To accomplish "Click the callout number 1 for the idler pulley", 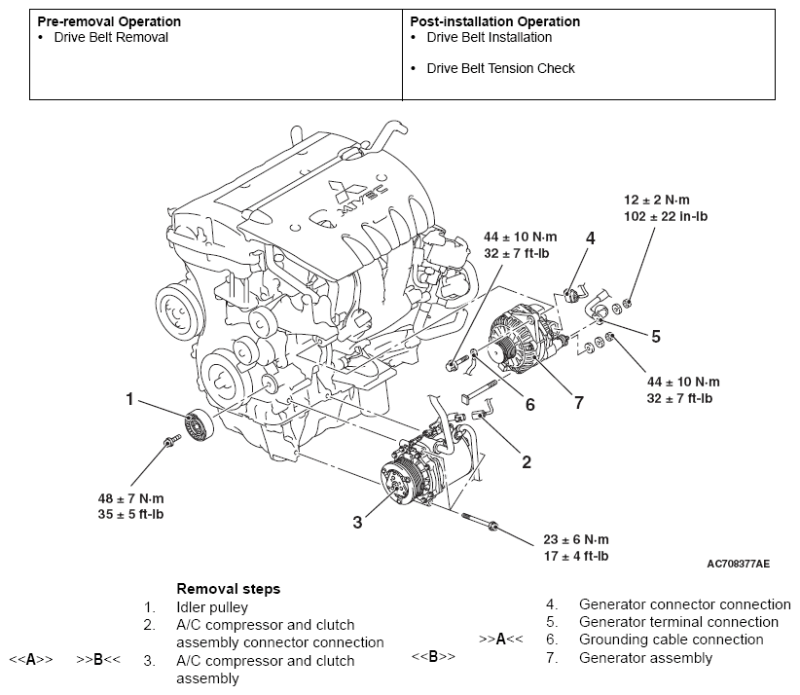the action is pyautogui.click(x=129, y=398).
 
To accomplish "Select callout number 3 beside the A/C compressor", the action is pyautogui.click(x=357, y=522).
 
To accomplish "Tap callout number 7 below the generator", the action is pyautogui.click(x=578, y=403).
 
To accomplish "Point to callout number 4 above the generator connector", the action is pyautogui.click(x=591, y=238).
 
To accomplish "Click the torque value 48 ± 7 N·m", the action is pyautogui.click(x=130, y=498).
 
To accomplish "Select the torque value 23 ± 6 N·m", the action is pyautogui.click(x=576, y=539).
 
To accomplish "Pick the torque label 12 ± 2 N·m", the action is pyautogui.click(x=657, y=200).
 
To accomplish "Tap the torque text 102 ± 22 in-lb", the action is pyautogui.click(x=666, y=216).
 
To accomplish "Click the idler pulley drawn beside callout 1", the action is pyautogui.click(x=199, y=424).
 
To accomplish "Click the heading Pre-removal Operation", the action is pyautogui.click(x=109, y=21).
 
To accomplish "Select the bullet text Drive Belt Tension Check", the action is pyautogui.click(x=500, y=68).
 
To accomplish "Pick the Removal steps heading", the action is pyautogui.click(x=229, y=589).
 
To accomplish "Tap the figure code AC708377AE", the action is pyautogui.click(x=739, y=564).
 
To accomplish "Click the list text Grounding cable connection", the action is pyautogui.click(x=671, y=640).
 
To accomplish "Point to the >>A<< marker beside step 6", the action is pyautogui.click(x=501, y=639).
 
